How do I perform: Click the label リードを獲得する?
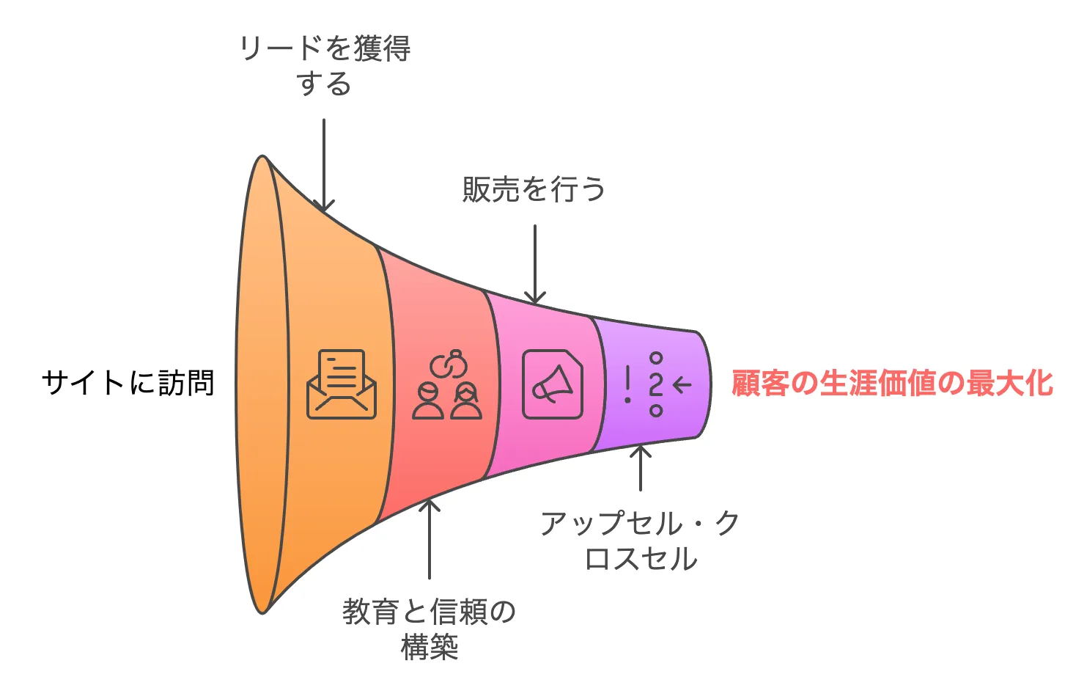coord(325,66)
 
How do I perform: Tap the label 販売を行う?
coord(534,189)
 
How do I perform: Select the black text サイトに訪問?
coord(128,383)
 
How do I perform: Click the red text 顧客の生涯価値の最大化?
coord(892,384)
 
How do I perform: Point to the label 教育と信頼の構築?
coord(429,629)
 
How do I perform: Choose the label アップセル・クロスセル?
coord(641,541)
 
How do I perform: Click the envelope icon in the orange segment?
coord(341,384)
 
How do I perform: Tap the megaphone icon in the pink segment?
coord(553,384)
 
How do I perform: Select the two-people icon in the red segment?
coord(447,400)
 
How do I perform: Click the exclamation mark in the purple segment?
coord(627,384)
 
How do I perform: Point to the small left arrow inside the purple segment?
coord(682,384)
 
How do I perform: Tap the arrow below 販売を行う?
coord(535,265)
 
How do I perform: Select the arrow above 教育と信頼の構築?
coord(429,539)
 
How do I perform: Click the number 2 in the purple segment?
coord(656,384)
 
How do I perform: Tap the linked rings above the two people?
coord(448,364)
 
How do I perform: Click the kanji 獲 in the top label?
coord(368,49)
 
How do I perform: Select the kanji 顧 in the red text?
coord(746,384)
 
